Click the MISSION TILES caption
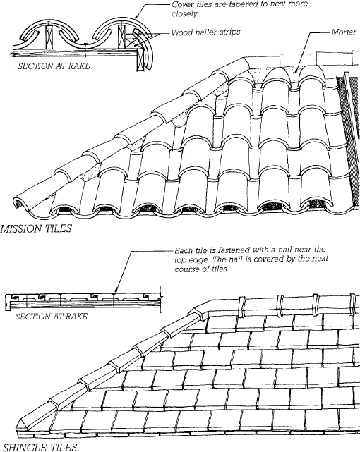tap(36, 228)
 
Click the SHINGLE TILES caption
tap(40, 447)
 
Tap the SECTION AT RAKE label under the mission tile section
tap(54, 66)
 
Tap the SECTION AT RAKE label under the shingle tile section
tap(52, 317)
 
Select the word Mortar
tap(344, 32)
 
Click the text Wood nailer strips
tap(205, 32)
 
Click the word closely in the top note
tap(184, 14)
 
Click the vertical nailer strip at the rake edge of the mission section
tap(140, 60)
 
